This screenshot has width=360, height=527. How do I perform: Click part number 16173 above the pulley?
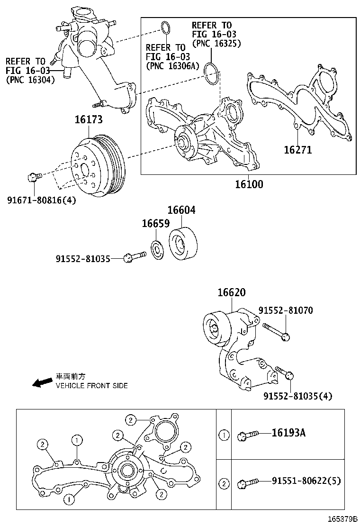point(88,120)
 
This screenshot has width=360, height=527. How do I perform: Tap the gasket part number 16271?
point(297,150)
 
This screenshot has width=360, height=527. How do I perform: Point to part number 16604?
point(181,210)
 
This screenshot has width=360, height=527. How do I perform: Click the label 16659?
point(156,223)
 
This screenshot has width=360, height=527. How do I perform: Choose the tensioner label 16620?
point(232,293)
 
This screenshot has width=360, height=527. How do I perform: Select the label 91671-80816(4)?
point(41,200)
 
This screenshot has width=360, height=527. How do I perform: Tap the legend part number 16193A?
point(288,433)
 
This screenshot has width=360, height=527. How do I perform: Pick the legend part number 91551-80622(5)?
point(306,482)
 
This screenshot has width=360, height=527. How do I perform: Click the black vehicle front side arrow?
point(42,382)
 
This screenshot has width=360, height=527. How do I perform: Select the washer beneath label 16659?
point(156,250)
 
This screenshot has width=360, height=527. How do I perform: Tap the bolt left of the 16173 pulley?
point(33,177)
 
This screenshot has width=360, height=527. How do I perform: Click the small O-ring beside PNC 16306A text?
point(165,28)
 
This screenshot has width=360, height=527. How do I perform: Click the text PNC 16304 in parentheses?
point(30,80)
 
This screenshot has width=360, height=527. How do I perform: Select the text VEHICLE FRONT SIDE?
point(92,386)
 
